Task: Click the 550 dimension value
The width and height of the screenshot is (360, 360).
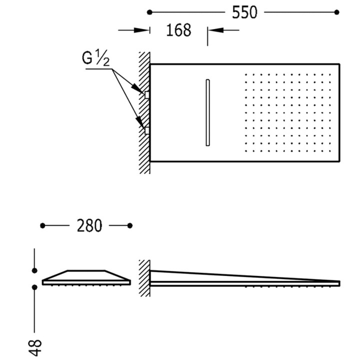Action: (x=245, y=12)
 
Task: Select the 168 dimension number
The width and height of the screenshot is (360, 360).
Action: (x=179, y=30)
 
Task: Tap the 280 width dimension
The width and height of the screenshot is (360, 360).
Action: (x=89, y=226)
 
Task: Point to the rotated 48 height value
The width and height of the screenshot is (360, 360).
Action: (x=35, y=346)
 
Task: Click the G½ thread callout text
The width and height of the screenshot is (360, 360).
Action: (x=95, y=59)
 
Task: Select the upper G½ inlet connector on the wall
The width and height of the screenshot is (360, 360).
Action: (x=147, y=93)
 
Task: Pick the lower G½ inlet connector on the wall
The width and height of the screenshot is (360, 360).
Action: (x=147, y=131)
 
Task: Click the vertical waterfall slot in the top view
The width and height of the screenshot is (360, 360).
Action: (x=207, y=112)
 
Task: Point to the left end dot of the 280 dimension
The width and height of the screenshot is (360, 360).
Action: (x=43, y=226)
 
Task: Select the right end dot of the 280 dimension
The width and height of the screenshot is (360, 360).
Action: (x=130, y=226)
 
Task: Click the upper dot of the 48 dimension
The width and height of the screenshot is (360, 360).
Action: (x=34, y=270)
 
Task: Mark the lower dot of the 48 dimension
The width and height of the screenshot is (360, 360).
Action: (x=34, y=287)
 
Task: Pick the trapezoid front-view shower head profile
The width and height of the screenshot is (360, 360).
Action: (x=86, y=277)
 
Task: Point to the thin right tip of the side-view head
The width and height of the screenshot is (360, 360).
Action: (x=338, y=282)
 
